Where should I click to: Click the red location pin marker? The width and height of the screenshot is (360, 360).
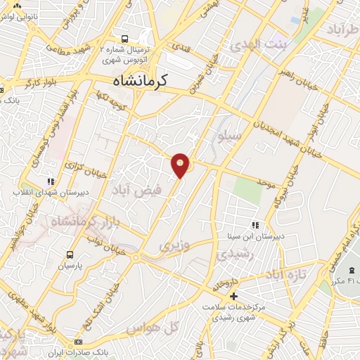tap(181, 165)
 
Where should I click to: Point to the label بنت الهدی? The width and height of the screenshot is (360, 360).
tap(248, 44)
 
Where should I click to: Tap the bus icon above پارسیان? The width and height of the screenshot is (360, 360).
tap(70, 255)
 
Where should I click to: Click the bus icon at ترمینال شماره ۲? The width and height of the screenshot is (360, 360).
tap(124, 39)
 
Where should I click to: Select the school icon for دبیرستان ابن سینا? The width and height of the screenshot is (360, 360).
tap(255, 225)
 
